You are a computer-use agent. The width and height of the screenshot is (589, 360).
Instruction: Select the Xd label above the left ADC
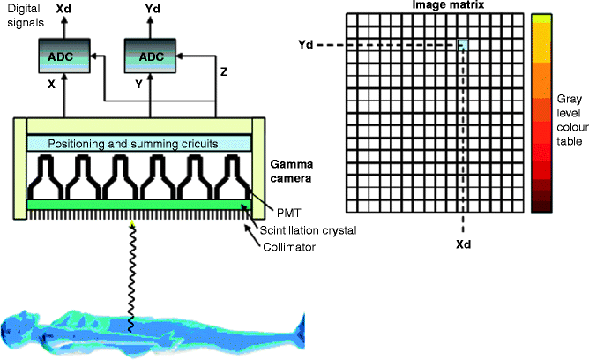[x=65, y=9]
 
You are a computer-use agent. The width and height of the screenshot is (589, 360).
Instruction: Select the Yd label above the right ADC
[x=151, y=9]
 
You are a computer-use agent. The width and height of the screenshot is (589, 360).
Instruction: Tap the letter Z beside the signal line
[x=224, y=73]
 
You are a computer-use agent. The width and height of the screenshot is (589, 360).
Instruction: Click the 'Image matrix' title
[x=437, y=6]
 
